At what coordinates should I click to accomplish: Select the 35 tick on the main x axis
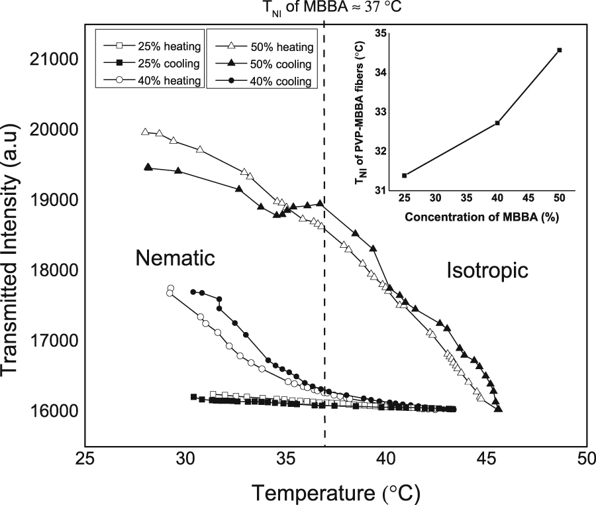[285, 459]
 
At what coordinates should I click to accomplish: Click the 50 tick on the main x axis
[585, 459]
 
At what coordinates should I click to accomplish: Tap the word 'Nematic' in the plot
[175, 258]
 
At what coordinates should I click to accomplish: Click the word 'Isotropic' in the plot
[486, 270]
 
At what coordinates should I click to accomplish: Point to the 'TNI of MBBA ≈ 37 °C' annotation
[324, 8]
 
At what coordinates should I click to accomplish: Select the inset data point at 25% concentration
[404, 175]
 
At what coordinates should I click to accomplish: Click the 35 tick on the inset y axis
[381, 33]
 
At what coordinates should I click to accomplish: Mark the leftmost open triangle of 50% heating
[145, 132]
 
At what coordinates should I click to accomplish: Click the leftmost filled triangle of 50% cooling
[148, 167]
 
